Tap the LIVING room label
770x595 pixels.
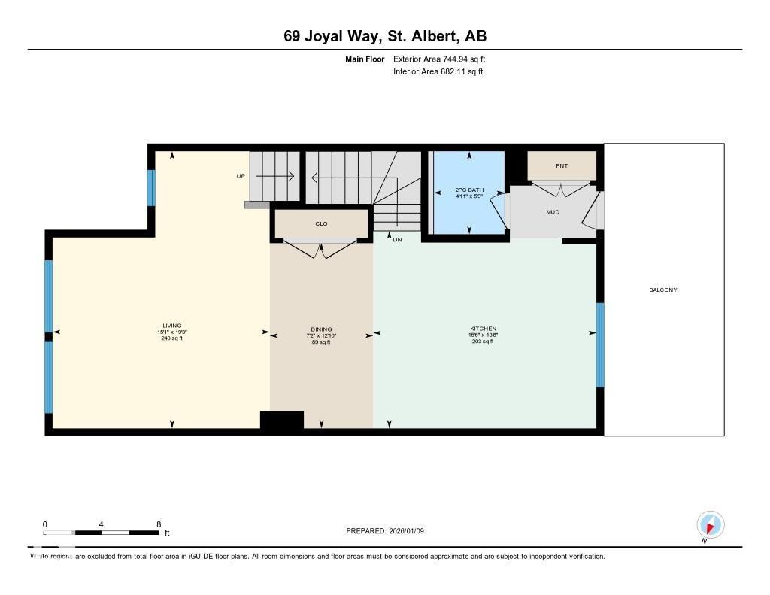(170, 326)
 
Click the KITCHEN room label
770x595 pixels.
(484, 329)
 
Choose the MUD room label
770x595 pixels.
(553, 212)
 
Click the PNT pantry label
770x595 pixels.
(561, 165)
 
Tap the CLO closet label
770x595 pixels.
(321, 223)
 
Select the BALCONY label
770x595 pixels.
(663, 290)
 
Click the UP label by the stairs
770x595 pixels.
(241, 176)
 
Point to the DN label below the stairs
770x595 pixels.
(397, 239)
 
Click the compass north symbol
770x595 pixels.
(710, 524)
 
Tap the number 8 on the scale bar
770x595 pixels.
(159, 524)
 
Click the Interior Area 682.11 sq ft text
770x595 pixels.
(438, 72)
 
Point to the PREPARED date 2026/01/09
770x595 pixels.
(385, 531)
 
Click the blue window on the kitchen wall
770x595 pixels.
(600, 345)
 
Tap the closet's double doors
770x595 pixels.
(322, 248)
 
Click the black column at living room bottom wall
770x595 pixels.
(281, 420)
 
